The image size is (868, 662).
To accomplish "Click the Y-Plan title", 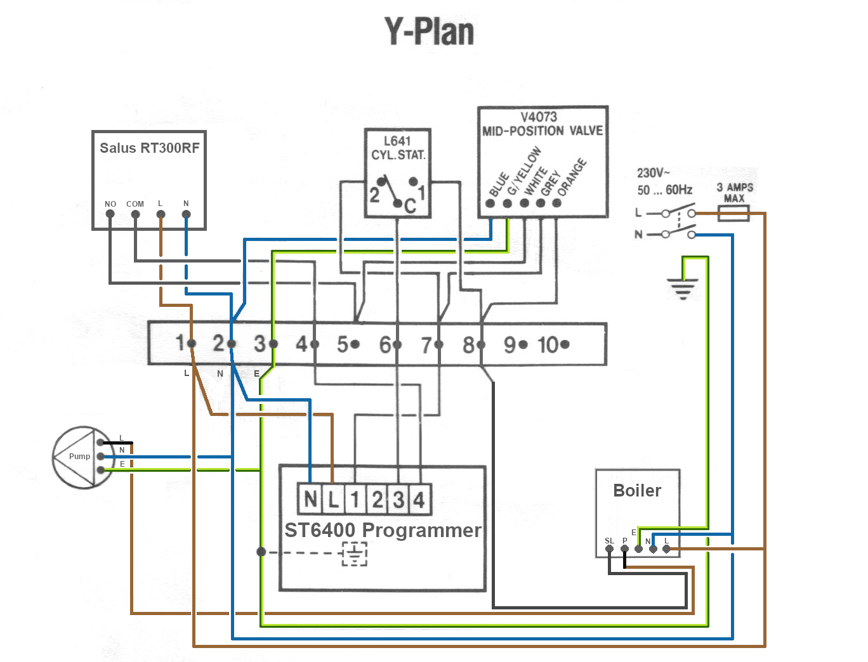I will coord(430,32).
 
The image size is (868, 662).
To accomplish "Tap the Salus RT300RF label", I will coord(149,148).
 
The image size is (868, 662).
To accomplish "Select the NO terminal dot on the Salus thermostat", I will coord(110,214).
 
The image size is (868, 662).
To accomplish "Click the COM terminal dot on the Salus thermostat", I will coord(135,214).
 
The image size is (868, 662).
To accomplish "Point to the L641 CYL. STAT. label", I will coord(398,148).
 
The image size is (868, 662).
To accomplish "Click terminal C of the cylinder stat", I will coord(398,204).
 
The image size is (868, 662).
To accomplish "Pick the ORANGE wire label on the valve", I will coord(572,177).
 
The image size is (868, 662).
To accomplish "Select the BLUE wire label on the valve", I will coord(499,185).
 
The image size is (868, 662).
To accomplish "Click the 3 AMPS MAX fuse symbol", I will coord(733,214).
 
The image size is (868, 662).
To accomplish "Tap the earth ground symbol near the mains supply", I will coord(683,288).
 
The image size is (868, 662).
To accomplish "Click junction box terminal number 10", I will coord(553,345).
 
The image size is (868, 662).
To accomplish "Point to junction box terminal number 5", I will coord(348,345).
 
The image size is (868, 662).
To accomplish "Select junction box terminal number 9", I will coord(515,345).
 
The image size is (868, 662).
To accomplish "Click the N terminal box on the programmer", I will coord(310,500).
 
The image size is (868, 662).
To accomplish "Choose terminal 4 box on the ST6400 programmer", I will coord(419,500).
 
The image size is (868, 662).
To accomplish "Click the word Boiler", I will coord(637,491).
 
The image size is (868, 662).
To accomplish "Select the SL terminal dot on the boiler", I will coord(609,549).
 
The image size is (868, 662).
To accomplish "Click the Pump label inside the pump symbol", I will coord(79,457).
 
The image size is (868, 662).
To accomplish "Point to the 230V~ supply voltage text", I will coord(654,173).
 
